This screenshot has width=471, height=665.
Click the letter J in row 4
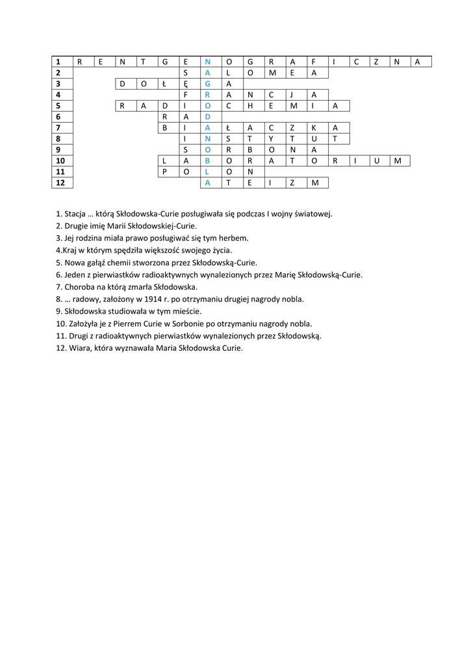(292, 95)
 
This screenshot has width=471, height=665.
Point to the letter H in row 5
(249, 106)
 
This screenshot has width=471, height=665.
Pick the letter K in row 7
(313, 128)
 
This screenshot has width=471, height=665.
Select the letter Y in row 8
(271, 139)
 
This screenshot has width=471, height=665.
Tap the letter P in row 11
(165, 172)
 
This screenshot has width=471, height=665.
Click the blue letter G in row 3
(207, 84)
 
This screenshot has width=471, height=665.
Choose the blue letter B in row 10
(207, 161)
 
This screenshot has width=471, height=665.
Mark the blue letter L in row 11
(207, 172)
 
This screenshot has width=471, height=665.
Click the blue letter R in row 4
(207, 95)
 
